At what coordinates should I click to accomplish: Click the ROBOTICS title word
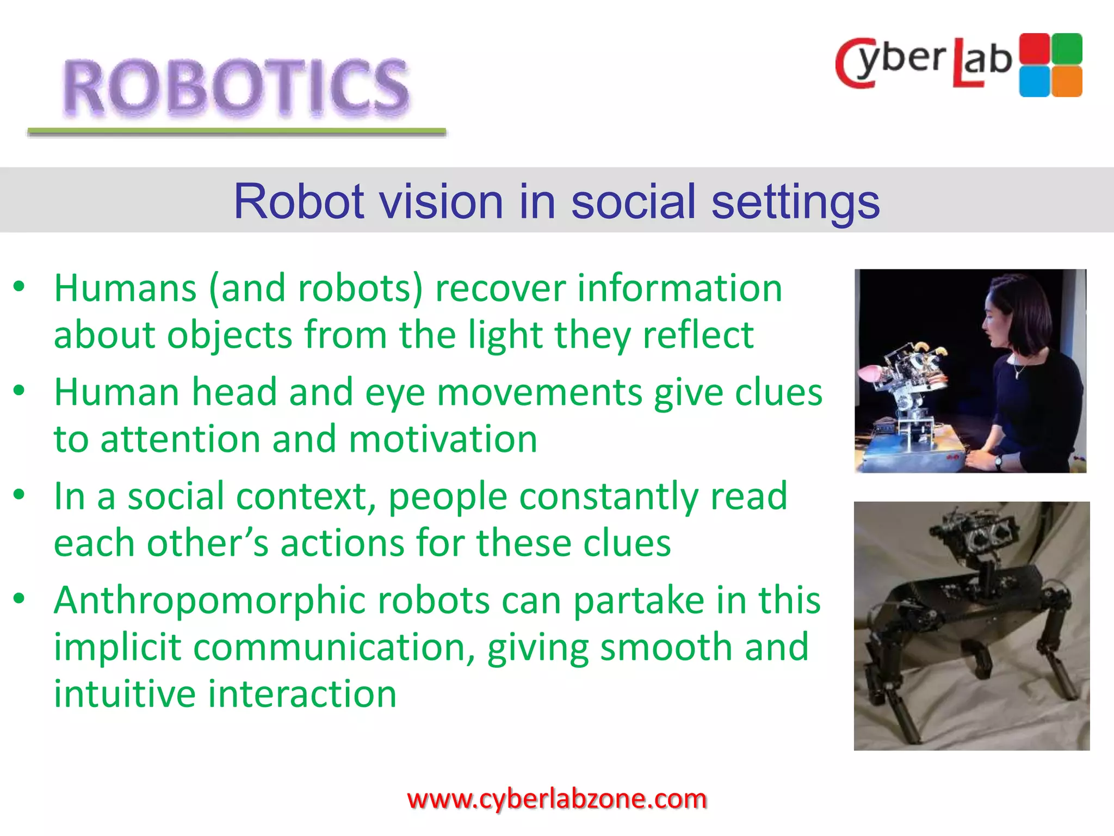[x=236, y=87]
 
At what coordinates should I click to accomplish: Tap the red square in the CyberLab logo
[x=1034, y=48]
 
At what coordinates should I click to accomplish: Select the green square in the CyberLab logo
[x=1067, y=48]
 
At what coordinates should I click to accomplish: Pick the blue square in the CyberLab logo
[x=1034, y=81]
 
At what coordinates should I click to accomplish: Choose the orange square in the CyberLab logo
[x=1067, y=81]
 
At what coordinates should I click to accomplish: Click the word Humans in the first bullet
[x=125, y=288]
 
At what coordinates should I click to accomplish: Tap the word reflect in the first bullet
[x=698, y=335]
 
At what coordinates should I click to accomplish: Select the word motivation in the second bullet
[x=443, y=439]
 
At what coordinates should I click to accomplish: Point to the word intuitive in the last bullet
[x=125, y=694]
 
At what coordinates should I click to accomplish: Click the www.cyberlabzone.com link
[x=556, y=799]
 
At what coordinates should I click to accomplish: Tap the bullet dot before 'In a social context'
[x=20, y=495]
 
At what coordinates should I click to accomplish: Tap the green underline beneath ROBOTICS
[x=237, y=132]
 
